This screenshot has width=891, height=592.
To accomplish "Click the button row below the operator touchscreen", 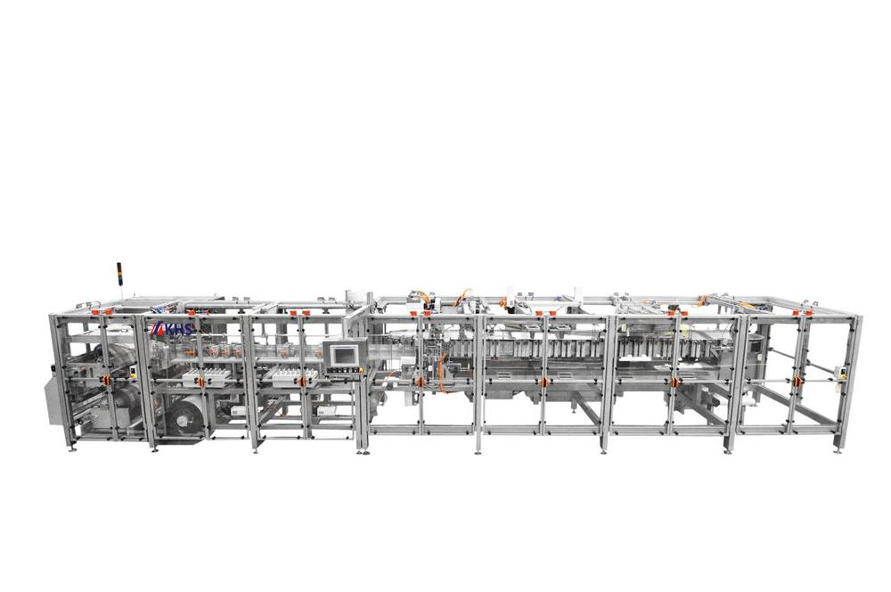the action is (x=344, y=371).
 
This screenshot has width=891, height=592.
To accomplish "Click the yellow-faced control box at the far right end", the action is (x=839, y=372).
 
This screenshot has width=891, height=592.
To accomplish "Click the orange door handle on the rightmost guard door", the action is (x=800, y=381).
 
